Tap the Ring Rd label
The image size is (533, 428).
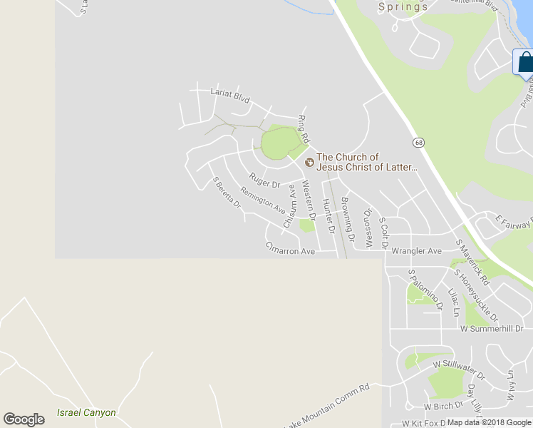pyautogui.click(x=304, y=126)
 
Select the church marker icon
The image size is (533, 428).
pyautogui.click(x=309, y=163)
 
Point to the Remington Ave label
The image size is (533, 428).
pyautogui.click(x=263, y=200)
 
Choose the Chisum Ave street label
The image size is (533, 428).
pyautogui.click(x=289, y=206)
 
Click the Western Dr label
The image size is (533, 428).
pyautogui.click(x=310, y=204)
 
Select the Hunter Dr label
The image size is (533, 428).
pyautogui.click(x=328, y=216)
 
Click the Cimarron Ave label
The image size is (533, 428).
pyautogui.click(x=290, y=251)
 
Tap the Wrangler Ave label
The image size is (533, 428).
pyautogui.click(x=417, y=251)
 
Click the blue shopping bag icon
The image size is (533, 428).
pyautogui.click(x=525, y=62)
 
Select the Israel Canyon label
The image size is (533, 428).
pyautogui.click(x=86, y=412)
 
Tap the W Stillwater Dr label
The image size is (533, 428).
pyautogui.click(x=459, y=369)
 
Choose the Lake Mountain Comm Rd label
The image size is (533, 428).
pyautogui.click(x=328, y=407)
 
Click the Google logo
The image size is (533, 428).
pyautogui.click(x=24, y=419)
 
